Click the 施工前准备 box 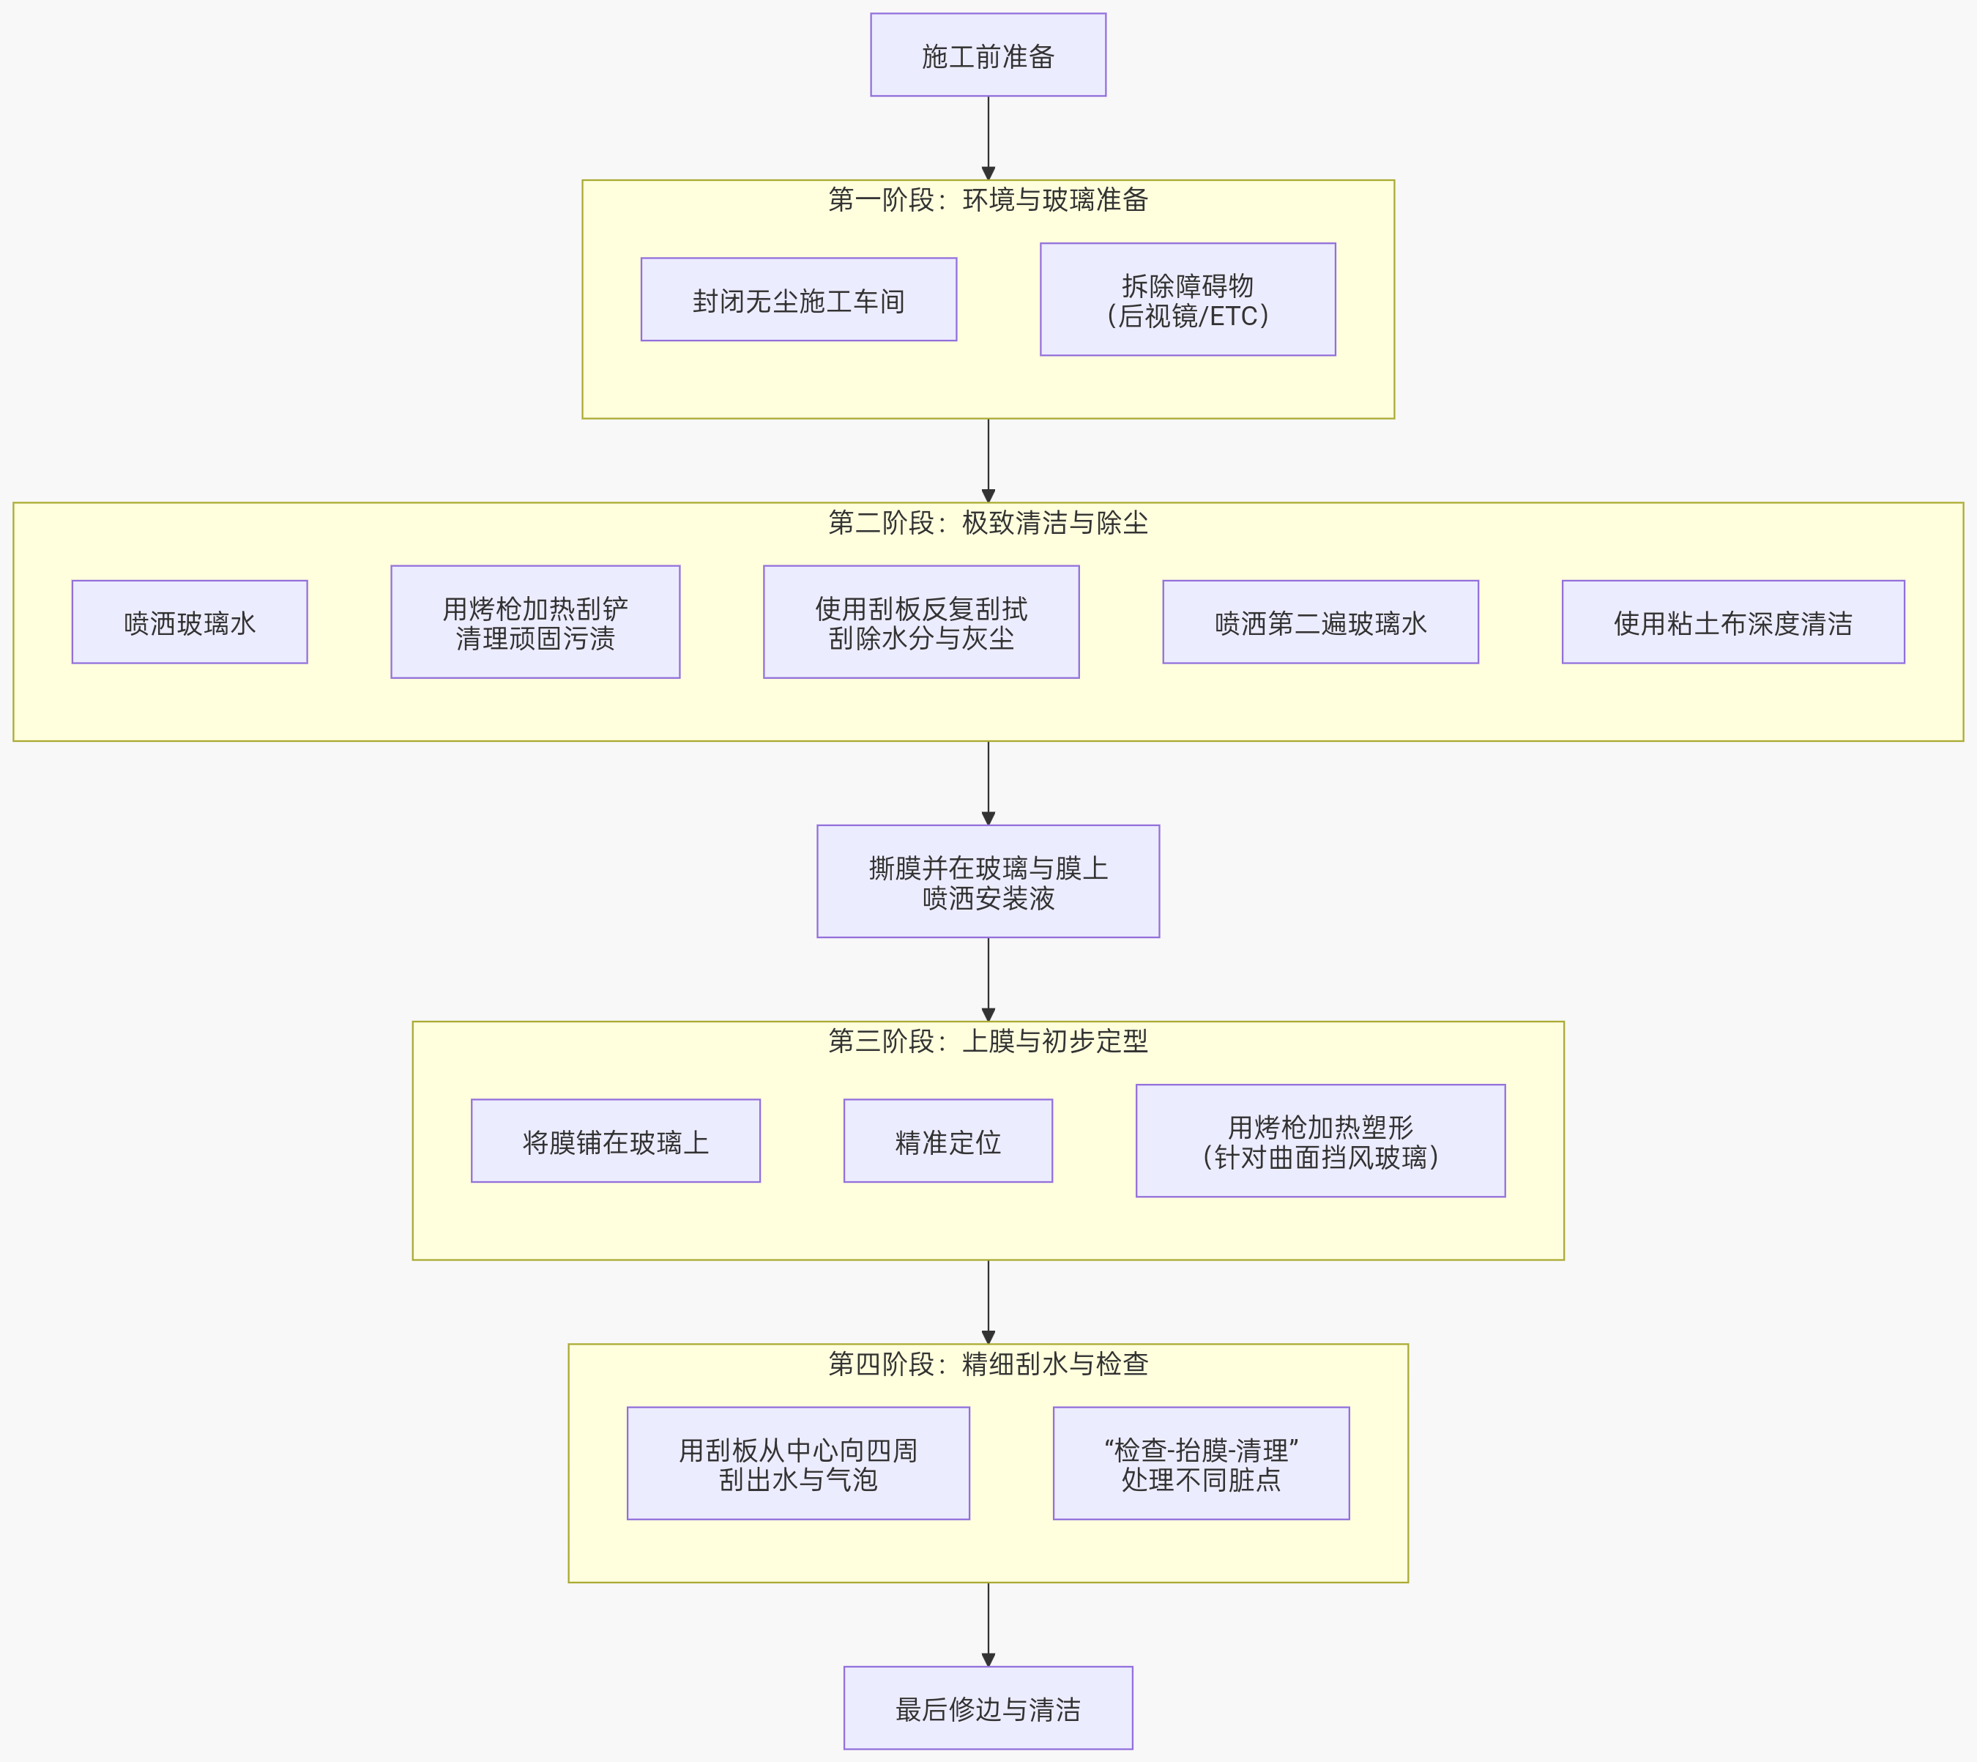pyautogui.click(x=988, y=55)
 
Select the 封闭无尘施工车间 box pyautogui.click(x=798, y=300)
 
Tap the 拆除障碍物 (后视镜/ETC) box pyautogui.click(x=1187, y=300)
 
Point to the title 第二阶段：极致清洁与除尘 pyautogui.click(x=988, y=523)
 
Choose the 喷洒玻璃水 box pyautogui.click(x=190, y=622)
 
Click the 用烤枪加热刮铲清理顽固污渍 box pyautogui.click(x=535, y=622)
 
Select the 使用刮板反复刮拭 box pyautogui.click(x=920, y=622)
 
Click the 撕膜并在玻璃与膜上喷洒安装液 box pyautogui.click(x=988, y=882)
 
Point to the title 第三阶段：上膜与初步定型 pyautogui.click(x=988, y=1041)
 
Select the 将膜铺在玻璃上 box pyautogui.click(x=615, y=1142)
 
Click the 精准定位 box pyautogui.click(x=947, y=1142)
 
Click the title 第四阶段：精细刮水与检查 pyautogui.click(x=988, y=1364)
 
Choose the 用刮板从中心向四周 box pyautogui.click(x=798, y=1464)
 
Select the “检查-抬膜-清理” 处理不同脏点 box pyautogui.click(x=1201, y=1464)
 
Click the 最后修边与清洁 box pyautogui.click(x=988, y=1709)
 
